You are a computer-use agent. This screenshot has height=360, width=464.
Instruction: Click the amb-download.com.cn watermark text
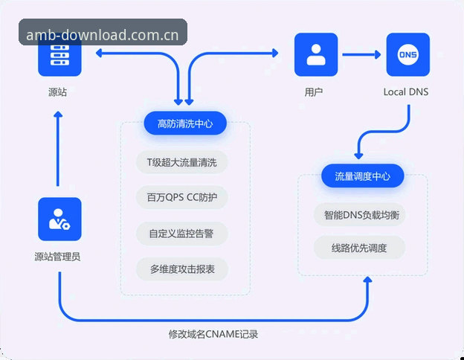point(103,35)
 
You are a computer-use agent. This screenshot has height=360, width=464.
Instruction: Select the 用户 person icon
point(316,54)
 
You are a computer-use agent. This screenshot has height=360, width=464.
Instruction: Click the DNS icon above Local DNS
point(408,54)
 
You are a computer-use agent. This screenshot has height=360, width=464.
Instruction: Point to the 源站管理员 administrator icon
point(59,219)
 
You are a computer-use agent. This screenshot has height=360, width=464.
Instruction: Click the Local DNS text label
point(406,92)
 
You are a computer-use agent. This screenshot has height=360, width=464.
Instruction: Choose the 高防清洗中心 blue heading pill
point(185,123)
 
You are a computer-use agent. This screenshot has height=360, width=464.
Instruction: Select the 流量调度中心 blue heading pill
point(363,176)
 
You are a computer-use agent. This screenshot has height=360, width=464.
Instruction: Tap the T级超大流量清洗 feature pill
point(181,162)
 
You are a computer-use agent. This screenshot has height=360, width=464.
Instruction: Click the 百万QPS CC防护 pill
point(181,197)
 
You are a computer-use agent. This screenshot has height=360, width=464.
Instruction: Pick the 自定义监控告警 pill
point(181,234)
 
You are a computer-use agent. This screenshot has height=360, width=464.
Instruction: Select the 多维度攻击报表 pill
point(181,269)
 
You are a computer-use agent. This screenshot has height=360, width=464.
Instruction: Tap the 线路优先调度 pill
point(359,248)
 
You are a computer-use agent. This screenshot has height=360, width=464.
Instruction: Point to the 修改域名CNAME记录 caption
point(213,334)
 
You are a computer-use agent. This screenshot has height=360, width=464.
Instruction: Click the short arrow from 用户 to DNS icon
point(361,54)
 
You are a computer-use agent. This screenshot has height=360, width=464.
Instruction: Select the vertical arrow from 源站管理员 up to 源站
point(58,149)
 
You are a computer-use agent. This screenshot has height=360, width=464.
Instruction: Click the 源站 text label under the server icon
point(58,92)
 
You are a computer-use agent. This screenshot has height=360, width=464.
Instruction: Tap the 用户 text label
point(314,92)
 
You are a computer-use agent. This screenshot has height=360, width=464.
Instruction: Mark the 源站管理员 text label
point(57,257)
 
